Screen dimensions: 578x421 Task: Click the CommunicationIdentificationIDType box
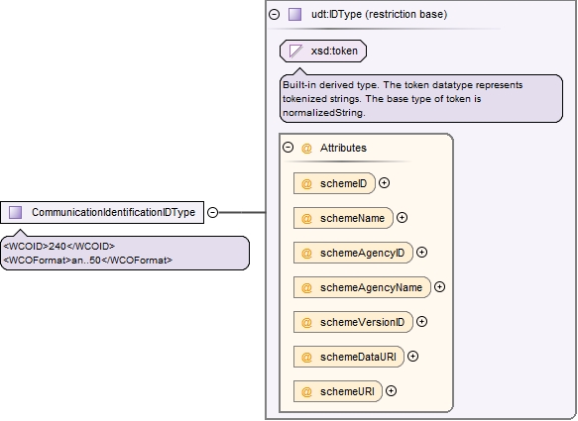[x=102, y=212]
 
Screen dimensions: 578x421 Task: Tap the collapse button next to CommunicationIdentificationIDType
[x=213, y=213]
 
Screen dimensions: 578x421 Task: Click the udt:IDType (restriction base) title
[x=379, y=15]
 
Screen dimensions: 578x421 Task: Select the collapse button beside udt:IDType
[x=275, y=15]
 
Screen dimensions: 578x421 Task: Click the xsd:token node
[x=323, y=51]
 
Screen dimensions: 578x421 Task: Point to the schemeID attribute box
[x=334, y=183]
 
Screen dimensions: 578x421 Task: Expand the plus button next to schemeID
[x=384, y=183]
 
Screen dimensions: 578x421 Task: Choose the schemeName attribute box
[x=343, y=218]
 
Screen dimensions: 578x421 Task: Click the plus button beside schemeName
[x=402, y=218]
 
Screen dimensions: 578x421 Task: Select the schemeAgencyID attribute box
[x=353, y=253]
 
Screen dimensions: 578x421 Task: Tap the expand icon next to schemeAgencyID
[x=421, y=253]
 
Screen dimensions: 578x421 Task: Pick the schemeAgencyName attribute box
[x=362, y=287]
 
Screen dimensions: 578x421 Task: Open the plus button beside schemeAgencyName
[x=439, y=287]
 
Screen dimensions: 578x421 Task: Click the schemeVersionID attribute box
[x=353, y=322]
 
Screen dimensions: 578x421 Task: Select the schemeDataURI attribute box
[x=349, y=357]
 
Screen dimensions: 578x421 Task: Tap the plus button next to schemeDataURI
[x=412, y=357]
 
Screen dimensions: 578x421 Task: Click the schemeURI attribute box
[x=338, y=391]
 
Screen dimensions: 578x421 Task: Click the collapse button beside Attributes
[x=288, y=148]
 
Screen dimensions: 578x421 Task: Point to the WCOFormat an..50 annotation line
[x=87, y=261]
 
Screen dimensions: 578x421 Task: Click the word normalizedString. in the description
[x=324, y=113]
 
